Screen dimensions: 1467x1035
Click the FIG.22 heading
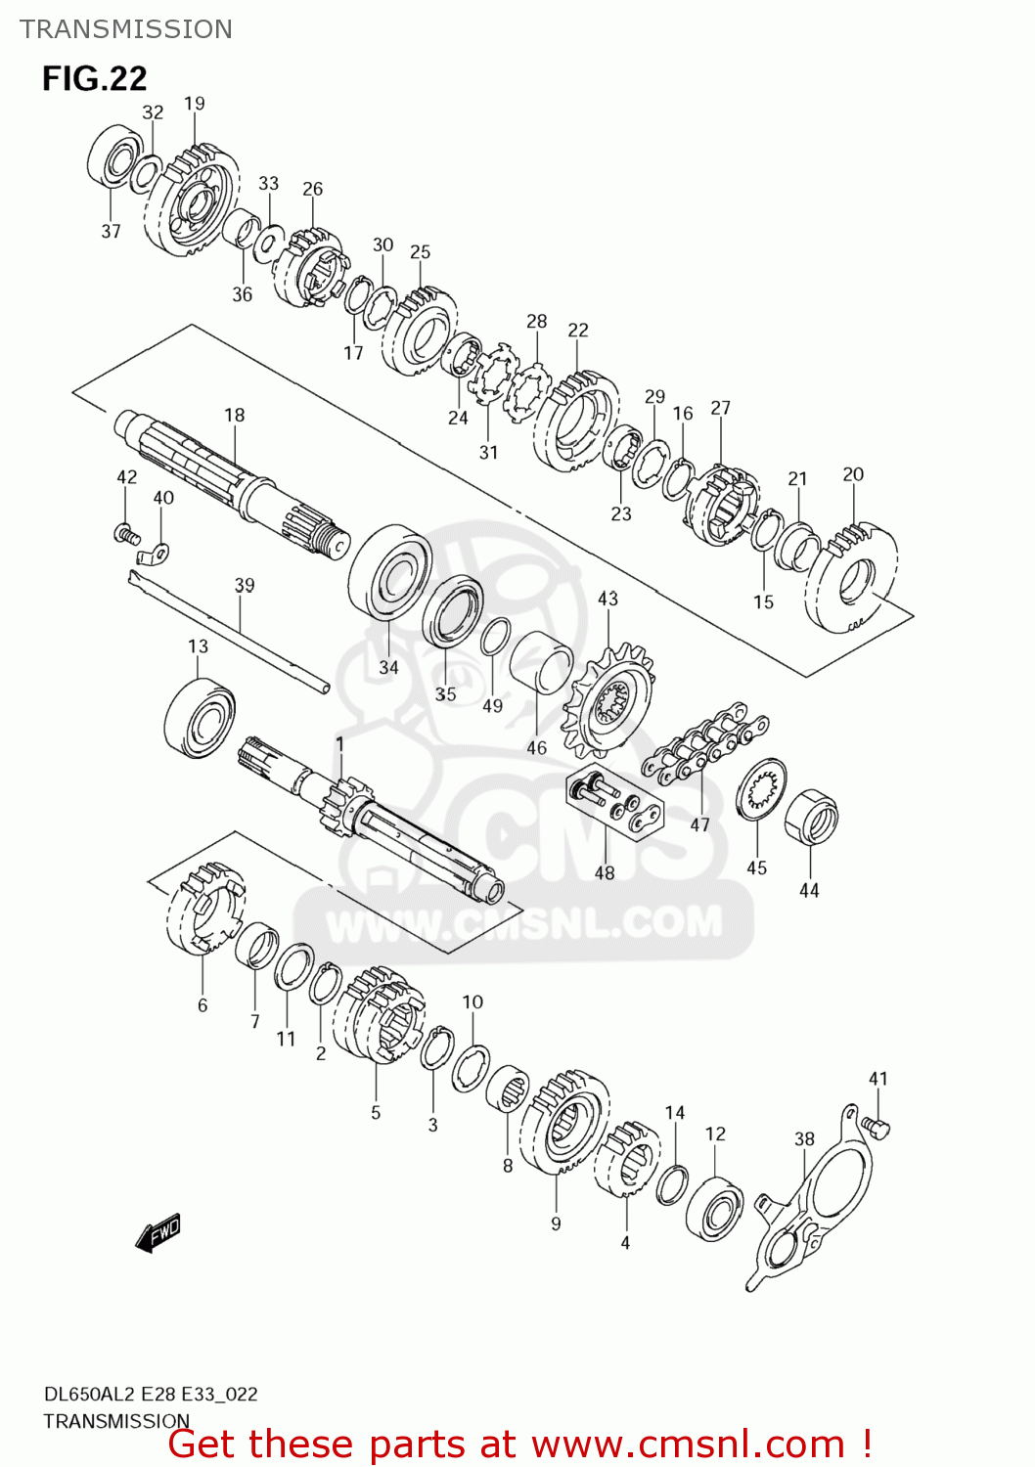point(94,78)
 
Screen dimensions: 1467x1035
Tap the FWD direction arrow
point(158,1233)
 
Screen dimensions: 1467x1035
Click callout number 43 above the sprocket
point(607,598)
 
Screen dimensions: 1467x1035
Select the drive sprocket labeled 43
point(608,700)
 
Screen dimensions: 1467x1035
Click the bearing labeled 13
point(200,718)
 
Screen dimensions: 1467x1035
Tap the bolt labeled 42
point(125,533)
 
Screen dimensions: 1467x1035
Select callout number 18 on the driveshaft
point(235,415)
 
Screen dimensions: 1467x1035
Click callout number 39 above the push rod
point(245,585)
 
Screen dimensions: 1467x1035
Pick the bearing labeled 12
point(715,1209)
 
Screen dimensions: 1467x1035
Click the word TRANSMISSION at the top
point(126,29)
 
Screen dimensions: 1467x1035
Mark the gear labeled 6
point(205,907)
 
